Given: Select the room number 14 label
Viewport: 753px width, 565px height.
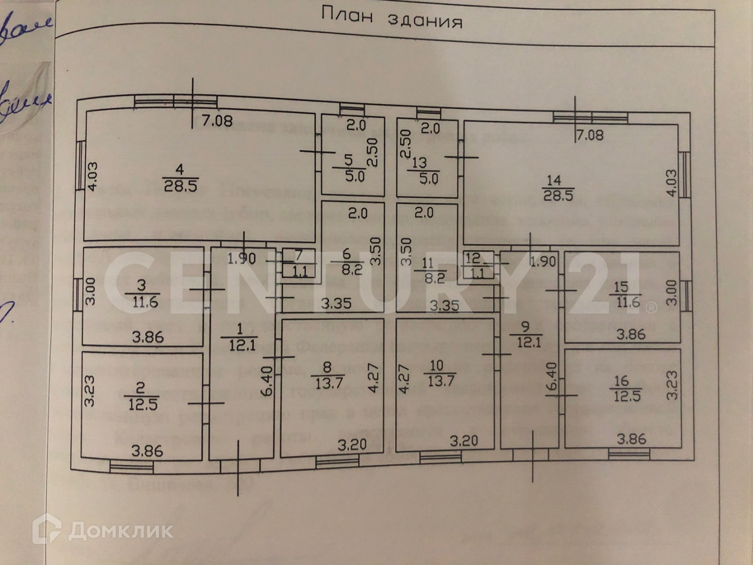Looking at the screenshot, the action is pyautogui.click(x=554, y=180).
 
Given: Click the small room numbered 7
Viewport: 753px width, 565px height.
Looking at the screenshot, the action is pyautogui.click(x=299, y=263).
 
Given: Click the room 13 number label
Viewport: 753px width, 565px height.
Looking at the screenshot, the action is pyautogui.click(x=419, y=163).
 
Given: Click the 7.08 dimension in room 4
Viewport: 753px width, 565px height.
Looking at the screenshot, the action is pyautogui.click(x=217, y=121).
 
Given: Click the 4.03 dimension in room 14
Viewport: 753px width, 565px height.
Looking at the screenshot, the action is pyautogui.click(x=671, y=183).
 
